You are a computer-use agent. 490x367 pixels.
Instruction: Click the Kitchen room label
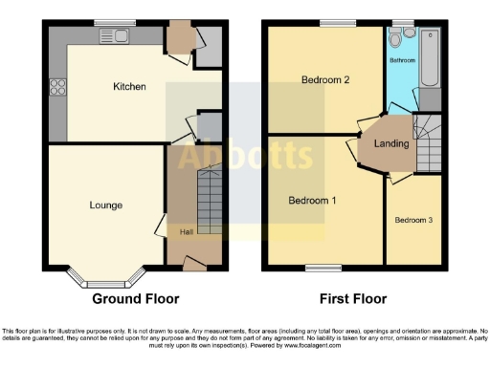129,87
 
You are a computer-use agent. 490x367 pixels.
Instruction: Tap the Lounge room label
105,205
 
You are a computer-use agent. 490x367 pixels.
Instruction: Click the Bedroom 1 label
313,200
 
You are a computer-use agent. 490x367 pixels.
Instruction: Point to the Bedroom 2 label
323,79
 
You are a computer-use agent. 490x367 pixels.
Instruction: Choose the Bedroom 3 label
413,220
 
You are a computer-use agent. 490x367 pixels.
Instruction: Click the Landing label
392,144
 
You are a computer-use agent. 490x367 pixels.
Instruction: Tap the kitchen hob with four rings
56,87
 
